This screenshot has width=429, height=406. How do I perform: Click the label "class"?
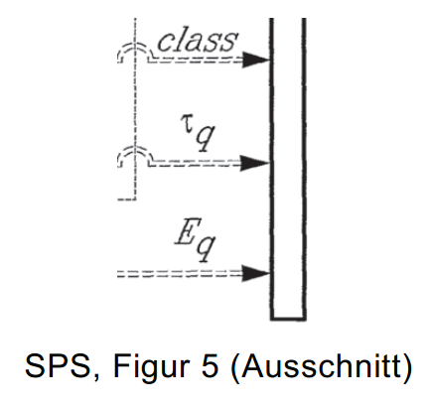(198, 41)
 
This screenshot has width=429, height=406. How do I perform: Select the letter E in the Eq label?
(185, 231)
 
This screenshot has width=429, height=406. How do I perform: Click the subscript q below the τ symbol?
(205, 139)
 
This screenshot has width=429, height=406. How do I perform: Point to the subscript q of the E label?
(206, 248)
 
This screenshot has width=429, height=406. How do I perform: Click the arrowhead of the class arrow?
(255, 60)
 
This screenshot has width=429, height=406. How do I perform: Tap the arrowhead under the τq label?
(255, 163)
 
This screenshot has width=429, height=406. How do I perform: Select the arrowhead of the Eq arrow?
(255, 273)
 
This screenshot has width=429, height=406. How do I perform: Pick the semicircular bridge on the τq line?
(135, 148)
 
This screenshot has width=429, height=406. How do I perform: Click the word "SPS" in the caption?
(57, 366)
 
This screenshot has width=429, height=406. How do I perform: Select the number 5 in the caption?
(210, 366)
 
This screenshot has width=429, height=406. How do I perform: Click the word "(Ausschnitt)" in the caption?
(321, 367)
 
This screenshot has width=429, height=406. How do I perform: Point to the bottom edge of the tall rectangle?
(288, 319)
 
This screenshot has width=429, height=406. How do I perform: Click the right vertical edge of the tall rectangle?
(304, 169)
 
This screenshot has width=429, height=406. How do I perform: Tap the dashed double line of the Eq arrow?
(180, 274)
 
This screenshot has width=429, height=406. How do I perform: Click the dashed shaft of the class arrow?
(196, 61)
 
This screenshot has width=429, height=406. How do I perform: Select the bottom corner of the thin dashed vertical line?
(135, 200)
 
